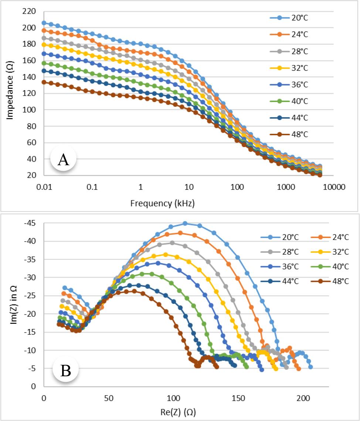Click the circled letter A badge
pos(63,160)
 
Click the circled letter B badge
pos(65,371)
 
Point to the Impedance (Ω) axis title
pos(10,93)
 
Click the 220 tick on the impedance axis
pos(29,11)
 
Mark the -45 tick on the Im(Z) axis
pos(32,223)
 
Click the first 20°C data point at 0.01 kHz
pos(44,23)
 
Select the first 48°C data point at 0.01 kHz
pos(44,82)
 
